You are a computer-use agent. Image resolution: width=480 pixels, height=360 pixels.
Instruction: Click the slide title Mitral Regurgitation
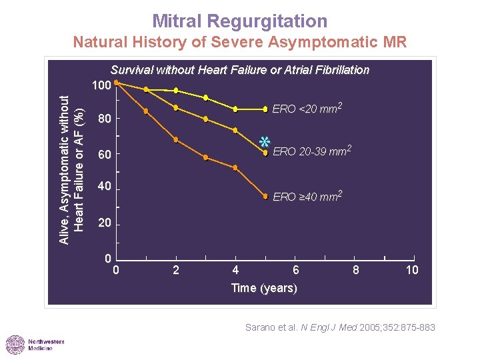(239, 21)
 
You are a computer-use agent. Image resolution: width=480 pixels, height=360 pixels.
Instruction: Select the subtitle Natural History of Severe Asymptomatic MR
(239, 43)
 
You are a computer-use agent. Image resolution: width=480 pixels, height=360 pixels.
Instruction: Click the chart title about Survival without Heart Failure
(239, 70)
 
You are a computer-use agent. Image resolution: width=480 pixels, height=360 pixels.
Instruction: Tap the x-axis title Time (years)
(264, 288)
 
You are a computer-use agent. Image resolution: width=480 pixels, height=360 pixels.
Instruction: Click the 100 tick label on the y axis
(101, 86)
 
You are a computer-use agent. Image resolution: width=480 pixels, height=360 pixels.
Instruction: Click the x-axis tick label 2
(176, 270)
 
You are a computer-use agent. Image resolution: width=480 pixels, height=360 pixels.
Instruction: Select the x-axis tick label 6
(296, 270)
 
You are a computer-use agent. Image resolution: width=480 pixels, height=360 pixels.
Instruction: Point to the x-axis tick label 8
(356, 270)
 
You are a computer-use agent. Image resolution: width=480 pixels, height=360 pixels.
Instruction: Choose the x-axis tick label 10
(413, 270)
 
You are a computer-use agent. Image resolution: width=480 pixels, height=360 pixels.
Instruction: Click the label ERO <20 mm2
(307, 109)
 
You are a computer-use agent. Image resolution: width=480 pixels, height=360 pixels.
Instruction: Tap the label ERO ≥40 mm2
(307, 197)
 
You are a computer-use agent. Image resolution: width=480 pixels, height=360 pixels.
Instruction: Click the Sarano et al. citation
(340, 327)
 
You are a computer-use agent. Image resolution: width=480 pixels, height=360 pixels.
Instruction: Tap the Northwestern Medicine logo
(35, 345)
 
